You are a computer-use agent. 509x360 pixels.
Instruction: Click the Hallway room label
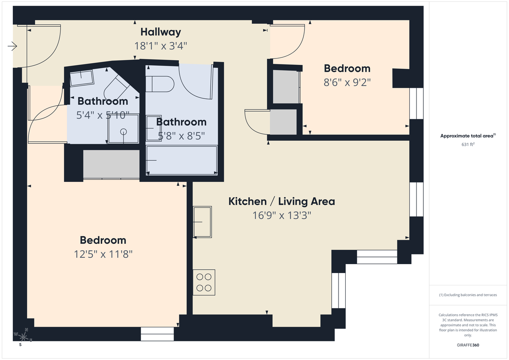(161, 32)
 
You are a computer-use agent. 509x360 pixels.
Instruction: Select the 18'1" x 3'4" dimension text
(161, 46)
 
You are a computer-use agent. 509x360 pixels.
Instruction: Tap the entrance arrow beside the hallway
(12, 46)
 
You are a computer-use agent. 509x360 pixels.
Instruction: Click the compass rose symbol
(23, 337)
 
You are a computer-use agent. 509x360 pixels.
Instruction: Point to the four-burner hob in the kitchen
(204, 282)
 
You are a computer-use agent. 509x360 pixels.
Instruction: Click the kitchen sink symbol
(202, 222)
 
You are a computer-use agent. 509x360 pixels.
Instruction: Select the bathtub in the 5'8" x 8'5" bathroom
(182, 160)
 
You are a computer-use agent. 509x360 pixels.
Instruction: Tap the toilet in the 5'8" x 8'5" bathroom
(159, 84)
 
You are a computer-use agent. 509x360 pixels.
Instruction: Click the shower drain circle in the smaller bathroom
(123, 131)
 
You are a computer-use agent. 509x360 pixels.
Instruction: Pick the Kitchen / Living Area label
(282, 201)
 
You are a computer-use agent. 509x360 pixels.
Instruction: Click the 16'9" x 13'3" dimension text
(282, 215)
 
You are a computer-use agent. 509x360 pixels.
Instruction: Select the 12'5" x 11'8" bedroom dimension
(103, 254)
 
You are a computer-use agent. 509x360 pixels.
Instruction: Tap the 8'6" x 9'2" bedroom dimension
(347, 82)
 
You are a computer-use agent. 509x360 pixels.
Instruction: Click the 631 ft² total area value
(467, 144)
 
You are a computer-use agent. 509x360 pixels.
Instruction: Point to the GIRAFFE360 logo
(467, 345)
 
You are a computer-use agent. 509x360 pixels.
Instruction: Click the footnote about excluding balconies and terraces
(467, 295)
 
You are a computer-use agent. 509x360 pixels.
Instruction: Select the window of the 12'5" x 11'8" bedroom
(157, 334)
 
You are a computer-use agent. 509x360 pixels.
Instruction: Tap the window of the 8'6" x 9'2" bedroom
(417, 103)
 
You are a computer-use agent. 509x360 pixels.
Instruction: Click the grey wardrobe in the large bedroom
(111, 164)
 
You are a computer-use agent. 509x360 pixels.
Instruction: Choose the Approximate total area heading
(467, 136)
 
